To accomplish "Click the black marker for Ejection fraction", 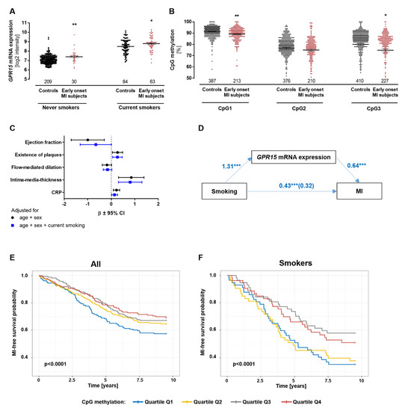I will (x=88, y=140).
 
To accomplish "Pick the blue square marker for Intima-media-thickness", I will (x=130, y=182).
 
